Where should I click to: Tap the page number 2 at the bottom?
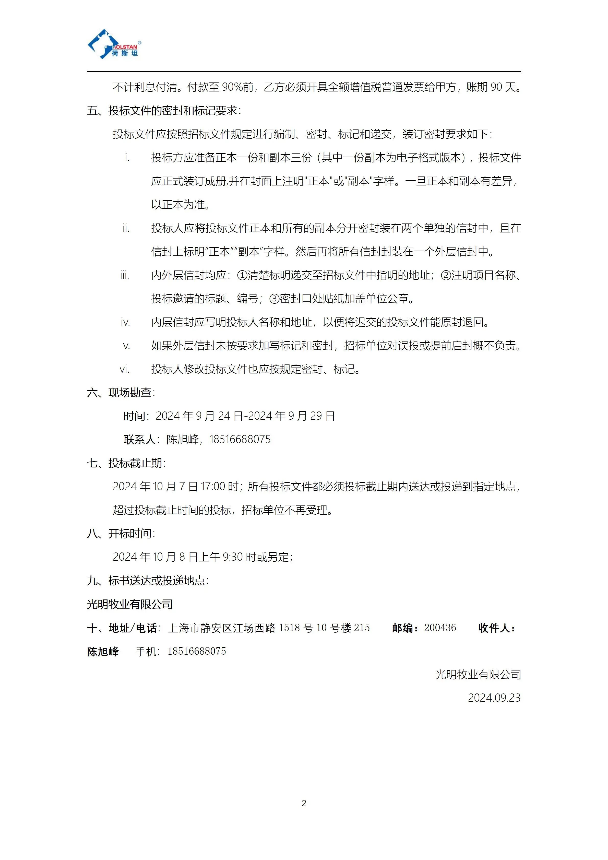click(x=304, y=803)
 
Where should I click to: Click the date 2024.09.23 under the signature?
click(x=494, y=698)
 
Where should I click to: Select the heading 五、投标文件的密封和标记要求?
click(x=164, y=111)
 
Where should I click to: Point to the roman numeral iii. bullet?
click(x=125, y=275)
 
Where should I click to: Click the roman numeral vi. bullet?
click(x=125, y=369)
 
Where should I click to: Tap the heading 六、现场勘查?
click(x=121, y=393)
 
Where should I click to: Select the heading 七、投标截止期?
click(x=126, y=463)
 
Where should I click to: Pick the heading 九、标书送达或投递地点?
click(x=148, y=581)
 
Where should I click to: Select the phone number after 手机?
click(x=197, y=651)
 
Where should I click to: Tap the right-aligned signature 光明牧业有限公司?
click(x=478, y=675)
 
